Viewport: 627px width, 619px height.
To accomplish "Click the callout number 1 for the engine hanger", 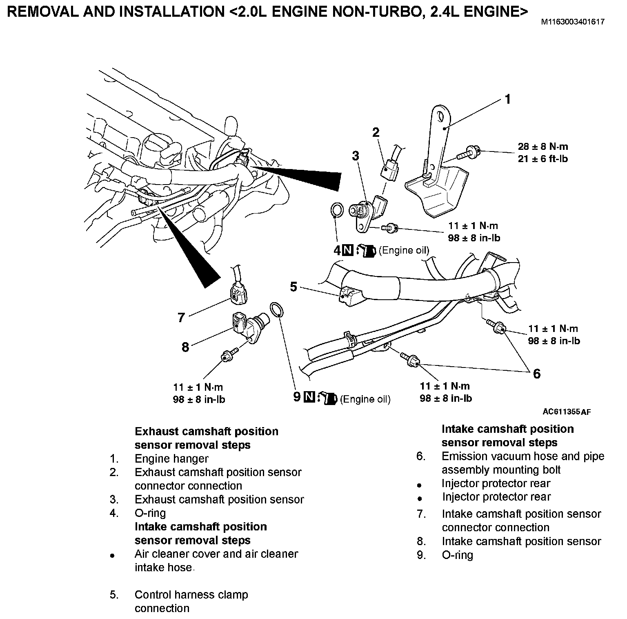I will [x=507, y=99].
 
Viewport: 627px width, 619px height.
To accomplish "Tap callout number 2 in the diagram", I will [x=376, y=132].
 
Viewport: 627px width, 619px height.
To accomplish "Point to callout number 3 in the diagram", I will [x=356, y=156].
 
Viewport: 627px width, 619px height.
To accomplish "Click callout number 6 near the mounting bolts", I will [x=536, y=373].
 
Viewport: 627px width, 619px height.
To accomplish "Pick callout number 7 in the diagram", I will [x=182, y=317].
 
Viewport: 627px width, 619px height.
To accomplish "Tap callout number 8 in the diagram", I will [x=185, y=347].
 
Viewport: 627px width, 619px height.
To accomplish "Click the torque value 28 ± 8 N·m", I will [x=543, y=146].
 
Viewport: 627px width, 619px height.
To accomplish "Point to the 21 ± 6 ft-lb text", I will [x=543, y=158].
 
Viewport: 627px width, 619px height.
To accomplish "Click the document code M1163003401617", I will [x=573, y=22].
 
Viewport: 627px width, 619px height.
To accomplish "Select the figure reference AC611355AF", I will [x=567, y=412].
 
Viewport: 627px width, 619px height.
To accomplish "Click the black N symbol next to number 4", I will [x=347, y=250].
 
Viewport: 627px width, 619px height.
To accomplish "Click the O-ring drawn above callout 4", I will [x=336, y=209].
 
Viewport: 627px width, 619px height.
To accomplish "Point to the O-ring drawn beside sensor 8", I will [x=276, y=309].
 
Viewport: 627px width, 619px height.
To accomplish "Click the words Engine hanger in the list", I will [x=171, y=459].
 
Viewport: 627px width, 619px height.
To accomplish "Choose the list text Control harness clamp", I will [x=191, y=595].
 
